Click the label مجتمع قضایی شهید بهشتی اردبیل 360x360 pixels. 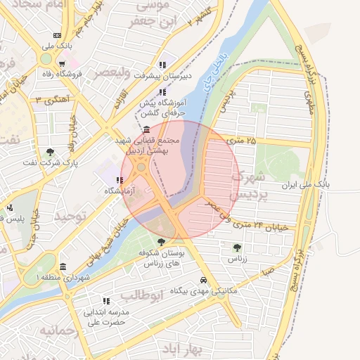(152, 146)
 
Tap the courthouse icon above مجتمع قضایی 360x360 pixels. (146, 130)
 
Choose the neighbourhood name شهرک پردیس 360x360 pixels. (248, 184)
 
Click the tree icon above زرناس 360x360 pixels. (236, 247)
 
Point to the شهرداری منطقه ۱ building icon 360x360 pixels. (63, 267)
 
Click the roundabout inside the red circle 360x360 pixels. (141, 167)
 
